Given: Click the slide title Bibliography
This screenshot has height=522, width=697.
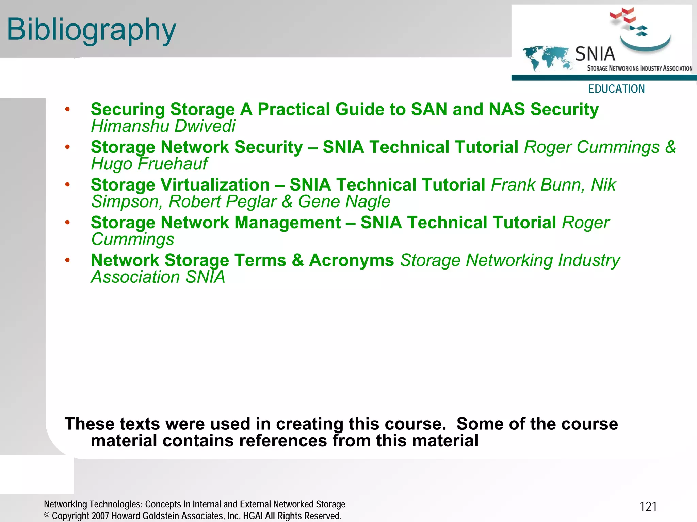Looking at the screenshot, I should (x=91, y=30).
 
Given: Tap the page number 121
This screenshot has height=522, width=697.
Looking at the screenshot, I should (x=648, y=507).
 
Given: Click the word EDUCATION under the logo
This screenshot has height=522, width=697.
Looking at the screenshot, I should (x=616, y=89).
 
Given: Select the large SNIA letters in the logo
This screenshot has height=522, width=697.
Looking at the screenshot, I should (x=595, y=54).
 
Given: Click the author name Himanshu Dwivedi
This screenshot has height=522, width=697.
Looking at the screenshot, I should (x=163, y=126).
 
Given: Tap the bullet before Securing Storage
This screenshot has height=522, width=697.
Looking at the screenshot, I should (x=67, y=109).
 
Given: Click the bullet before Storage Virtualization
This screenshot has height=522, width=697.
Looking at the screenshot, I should (x=67, y=185).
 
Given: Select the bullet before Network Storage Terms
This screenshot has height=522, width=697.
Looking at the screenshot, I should (x=67, y=260).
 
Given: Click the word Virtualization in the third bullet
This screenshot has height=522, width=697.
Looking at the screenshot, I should (x=215, y=185).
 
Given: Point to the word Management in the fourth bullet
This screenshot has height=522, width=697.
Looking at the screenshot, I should (x=288, y=223).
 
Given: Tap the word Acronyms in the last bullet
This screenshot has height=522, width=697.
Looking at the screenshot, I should (x=351, y=260).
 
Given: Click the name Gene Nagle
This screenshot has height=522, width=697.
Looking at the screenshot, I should (x=344, y=201).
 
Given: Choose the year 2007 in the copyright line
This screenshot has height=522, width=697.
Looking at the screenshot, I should (x=100, y=516).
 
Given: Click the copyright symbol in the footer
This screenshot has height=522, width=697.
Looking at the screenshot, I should (x=47, y=515).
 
